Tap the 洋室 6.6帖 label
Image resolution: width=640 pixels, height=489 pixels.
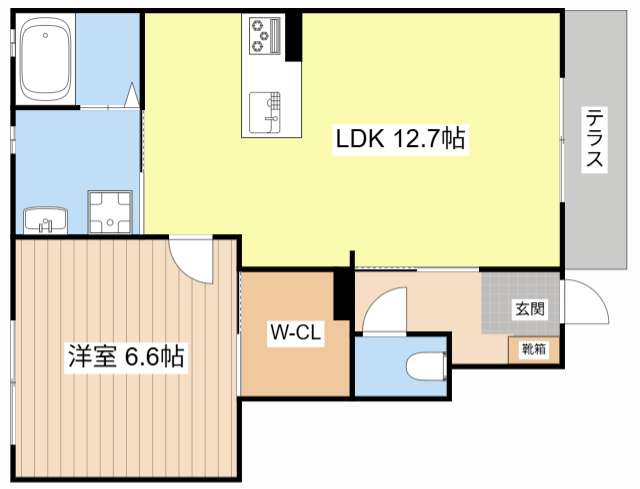pos(125,357)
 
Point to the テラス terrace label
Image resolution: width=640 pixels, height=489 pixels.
pos(595,140)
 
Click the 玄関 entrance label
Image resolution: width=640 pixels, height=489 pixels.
pos(530,309)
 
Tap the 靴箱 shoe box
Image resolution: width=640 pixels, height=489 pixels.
pos(532,349)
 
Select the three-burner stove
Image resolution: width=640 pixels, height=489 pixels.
pos(262,37)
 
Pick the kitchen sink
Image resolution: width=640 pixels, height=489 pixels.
pos(265,110)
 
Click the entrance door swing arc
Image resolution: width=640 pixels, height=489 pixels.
pos(586,300)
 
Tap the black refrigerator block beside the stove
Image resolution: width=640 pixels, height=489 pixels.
pos(294,37)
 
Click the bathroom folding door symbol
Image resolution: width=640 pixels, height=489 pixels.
pos(131,97)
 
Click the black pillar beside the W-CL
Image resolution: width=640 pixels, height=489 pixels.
pos(342,295)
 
